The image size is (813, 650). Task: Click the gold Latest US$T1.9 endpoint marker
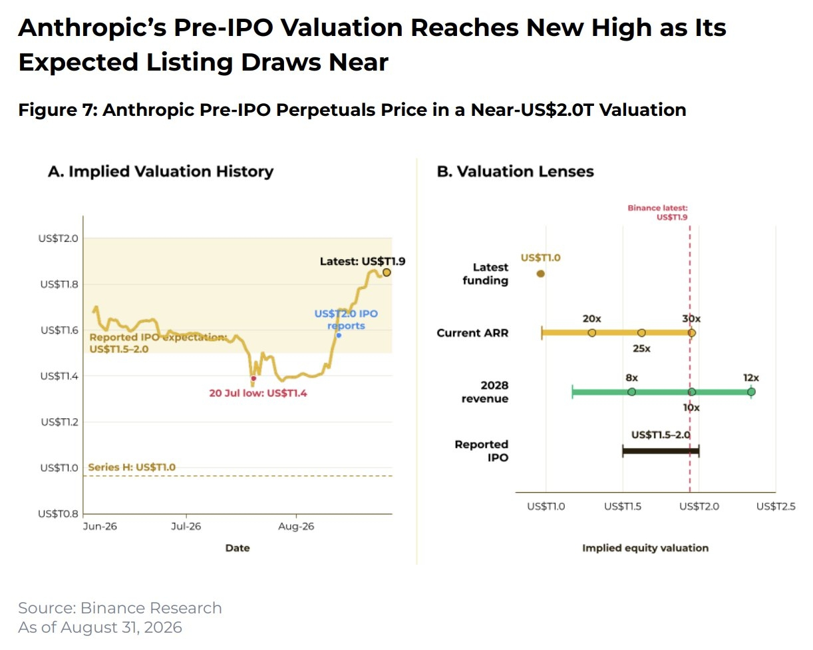pos(387,272)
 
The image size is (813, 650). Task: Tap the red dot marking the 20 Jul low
pos(253,378)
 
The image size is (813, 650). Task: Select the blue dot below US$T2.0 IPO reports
pos(339,336)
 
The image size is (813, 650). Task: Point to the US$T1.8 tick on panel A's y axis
pos(59,284)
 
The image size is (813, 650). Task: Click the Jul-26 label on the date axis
pos(186,526)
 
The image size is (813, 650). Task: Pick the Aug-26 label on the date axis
pos(296,526)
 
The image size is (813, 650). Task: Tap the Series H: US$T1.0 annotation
pos(132,468)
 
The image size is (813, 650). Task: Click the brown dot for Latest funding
pos(541,274)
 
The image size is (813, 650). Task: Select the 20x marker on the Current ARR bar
pos(592,333)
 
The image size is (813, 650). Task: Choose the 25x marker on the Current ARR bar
pos(641,333)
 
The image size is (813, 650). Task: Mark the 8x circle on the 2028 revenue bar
pos(631,392)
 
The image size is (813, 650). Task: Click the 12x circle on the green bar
pos(751,392)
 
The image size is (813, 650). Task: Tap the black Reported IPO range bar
pos(661,451)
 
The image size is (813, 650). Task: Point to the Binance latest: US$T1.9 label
pos(658,212)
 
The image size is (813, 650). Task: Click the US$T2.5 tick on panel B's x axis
pos(776,506)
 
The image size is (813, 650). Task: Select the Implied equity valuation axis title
pos(645,548)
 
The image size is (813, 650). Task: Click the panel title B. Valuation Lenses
pos(516,172)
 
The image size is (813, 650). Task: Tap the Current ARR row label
pos(472,333)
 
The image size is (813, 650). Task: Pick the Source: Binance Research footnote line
pos(120,608)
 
